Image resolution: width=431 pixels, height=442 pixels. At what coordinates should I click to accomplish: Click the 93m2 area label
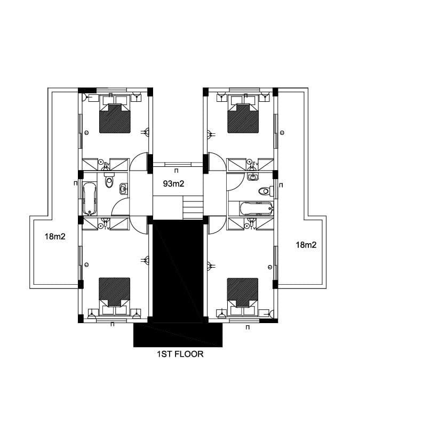click(173, 184)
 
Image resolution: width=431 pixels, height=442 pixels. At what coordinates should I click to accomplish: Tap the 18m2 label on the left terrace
click(55, 236)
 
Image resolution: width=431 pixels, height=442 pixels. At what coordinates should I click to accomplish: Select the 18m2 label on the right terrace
click(306, 245)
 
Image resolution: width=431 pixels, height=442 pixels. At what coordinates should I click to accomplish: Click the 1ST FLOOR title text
click(180, 354)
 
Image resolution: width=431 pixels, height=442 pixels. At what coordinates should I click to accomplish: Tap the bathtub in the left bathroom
click(90, 198)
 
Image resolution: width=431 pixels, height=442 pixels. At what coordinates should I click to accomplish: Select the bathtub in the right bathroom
click(257, 209)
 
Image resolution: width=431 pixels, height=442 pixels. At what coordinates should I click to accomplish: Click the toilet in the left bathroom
click(109, 181)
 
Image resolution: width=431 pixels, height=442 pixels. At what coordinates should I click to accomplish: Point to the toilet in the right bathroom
click(266, 191)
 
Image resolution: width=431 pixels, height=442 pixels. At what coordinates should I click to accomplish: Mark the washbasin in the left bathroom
click(124, 189)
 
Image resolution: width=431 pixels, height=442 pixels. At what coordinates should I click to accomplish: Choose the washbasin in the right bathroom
click(253, 176)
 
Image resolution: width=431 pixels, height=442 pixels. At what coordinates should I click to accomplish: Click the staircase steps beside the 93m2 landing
click(193, 208)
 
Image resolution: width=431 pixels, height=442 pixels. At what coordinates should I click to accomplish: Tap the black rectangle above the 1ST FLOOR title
click(178, 335)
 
